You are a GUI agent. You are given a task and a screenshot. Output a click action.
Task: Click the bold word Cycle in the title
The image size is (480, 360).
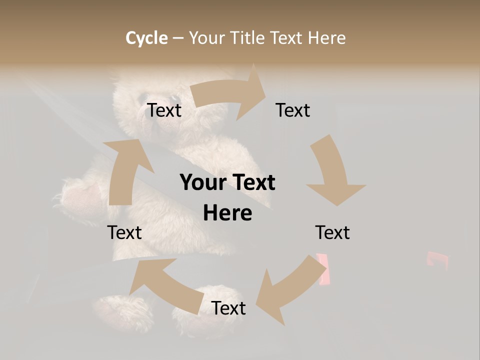coord(146,38)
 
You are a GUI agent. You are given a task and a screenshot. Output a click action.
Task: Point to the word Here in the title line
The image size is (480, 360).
coord(326,38)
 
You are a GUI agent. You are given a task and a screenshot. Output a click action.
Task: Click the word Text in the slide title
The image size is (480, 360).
coord(286,38)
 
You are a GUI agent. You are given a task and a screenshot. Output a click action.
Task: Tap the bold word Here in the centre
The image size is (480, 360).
coord(227,213)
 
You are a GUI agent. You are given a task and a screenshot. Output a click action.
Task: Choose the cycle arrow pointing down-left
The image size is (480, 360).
coord(290,290)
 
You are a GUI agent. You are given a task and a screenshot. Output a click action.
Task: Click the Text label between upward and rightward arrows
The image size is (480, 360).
coord(164,110)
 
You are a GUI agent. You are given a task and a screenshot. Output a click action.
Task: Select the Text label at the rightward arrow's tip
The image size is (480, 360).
coord(293,110)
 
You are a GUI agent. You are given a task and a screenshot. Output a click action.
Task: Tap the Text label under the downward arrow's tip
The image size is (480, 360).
coord(332,232)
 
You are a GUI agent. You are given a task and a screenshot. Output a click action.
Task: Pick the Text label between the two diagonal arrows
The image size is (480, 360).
coord(228,308)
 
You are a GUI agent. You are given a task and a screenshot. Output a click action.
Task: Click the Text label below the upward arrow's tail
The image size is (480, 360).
coord(124,232)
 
